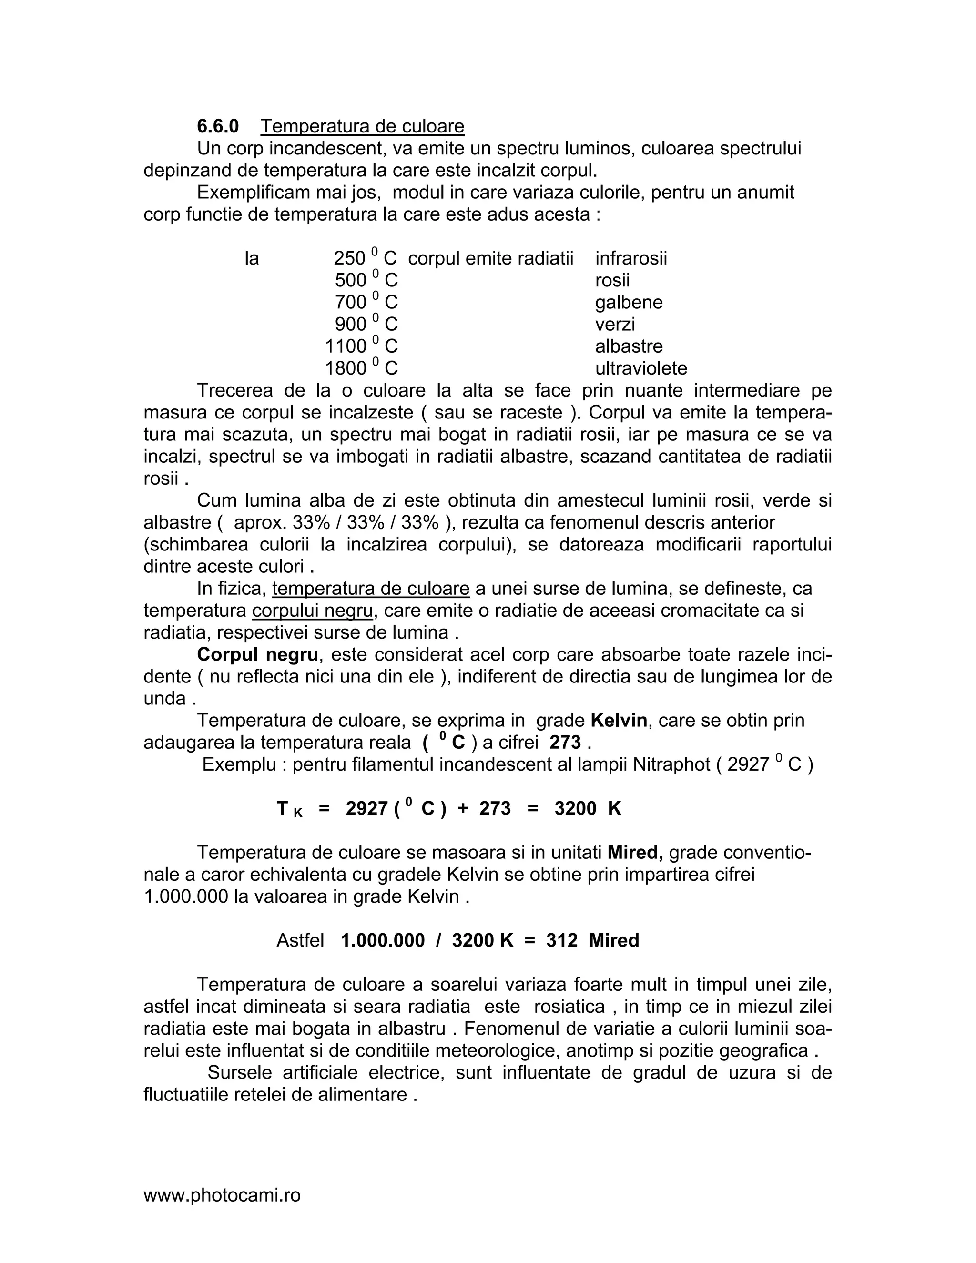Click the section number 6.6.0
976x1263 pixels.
(217, 126)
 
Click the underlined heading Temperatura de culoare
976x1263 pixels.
(362, 126)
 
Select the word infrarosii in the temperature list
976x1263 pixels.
(631, 258)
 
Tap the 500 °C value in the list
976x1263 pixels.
(366, 280)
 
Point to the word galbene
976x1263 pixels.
(629, 302)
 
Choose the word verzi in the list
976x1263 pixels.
(615, 324)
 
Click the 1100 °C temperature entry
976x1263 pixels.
(361, 346)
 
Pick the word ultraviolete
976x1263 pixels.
(640, 368)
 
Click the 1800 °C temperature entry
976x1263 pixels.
(361, 368)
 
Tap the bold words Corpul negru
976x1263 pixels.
(257, 655)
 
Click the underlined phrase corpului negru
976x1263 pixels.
(312, 611)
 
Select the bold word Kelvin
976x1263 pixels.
(618, 721)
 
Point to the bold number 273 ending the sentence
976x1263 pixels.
(564, 743)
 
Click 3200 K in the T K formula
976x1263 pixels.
(588, 808)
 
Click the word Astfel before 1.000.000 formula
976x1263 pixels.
(300, 940)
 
